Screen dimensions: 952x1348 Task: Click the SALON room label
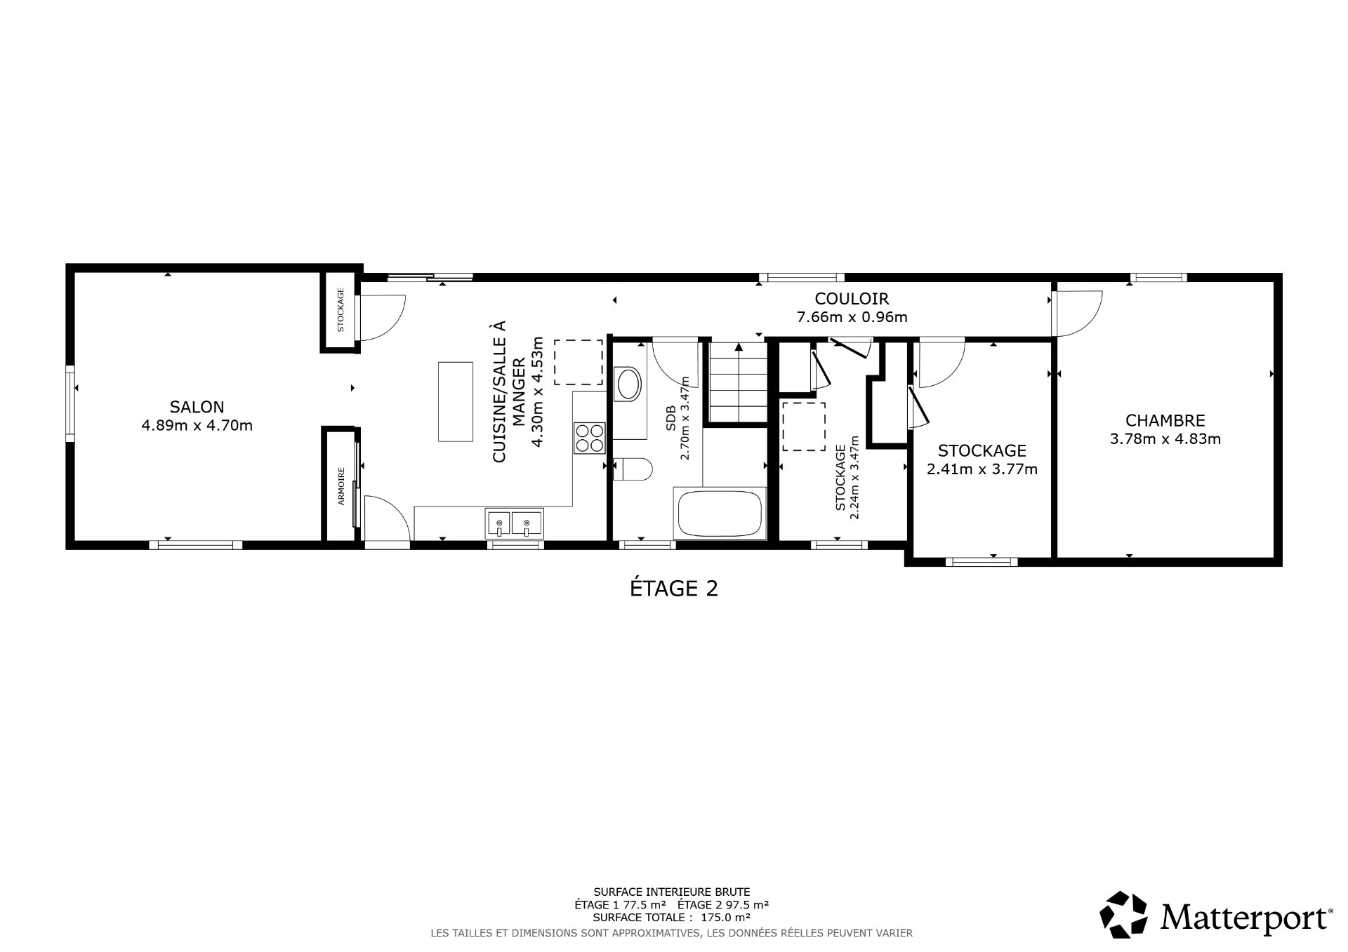[x=197, y=407]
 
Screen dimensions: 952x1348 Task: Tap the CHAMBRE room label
[x=1165, y=420]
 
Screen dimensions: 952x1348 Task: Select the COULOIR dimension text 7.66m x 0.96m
[x=852, y=317]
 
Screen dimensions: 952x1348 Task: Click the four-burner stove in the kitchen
[x=589, y=438]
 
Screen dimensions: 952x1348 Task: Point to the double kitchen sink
[x=513, y=523]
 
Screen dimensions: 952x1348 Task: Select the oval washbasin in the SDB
[x=628, y=384]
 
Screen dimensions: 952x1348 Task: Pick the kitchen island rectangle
[x=455, y=401]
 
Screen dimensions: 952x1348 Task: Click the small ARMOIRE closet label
[x=341, y=486]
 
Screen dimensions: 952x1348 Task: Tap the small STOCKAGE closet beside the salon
[x=340, y=310]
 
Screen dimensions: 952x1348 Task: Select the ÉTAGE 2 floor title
[x=673, y=588]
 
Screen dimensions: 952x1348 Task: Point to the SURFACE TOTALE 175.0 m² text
[x=671, y=917]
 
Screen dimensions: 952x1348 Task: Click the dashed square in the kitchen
[x=578, y=362]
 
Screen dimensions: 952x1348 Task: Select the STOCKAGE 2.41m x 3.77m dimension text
[x=982, y=469]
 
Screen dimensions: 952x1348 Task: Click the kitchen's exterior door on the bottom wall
[x=386, y=519]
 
